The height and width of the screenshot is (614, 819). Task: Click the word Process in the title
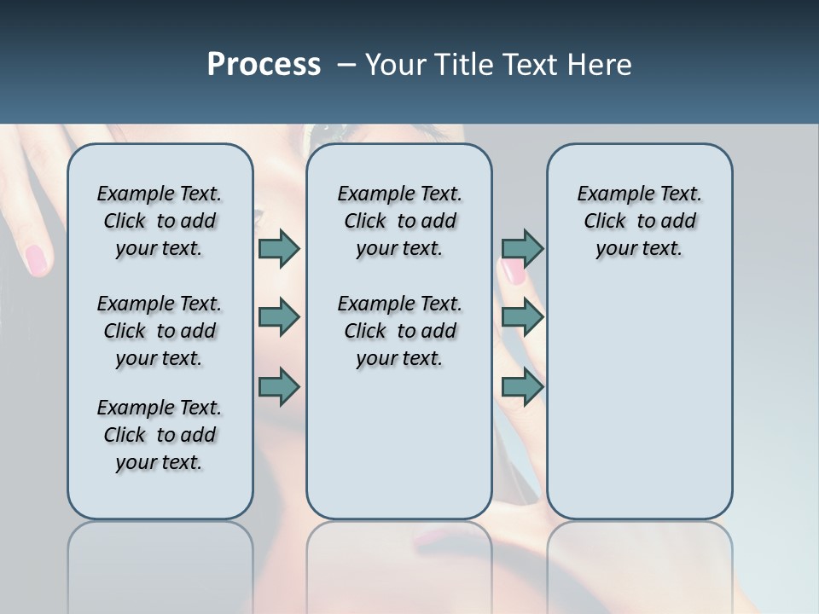click(264, 65)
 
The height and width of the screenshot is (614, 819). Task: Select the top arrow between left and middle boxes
click(279, 248)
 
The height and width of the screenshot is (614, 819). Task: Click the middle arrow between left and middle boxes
click(279, 317)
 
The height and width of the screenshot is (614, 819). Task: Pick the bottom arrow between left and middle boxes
click(279, 387)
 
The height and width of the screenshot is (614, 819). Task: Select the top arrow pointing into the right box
click(522, 248)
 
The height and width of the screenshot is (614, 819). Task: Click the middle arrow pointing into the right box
click(522, 317)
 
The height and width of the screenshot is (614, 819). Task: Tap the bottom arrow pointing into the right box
click(522, 387)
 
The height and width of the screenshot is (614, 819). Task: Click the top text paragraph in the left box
click(160, 221)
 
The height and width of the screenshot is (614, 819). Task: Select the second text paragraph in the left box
click(160, 331)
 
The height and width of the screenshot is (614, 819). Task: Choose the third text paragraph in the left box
click(160, 435)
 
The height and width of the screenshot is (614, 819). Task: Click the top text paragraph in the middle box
click(399, 221)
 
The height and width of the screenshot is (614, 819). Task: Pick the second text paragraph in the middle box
click(399, 331)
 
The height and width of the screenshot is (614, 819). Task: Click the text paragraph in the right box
click(639, 221)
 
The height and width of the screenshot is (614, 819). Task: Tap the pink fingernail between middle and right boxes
click(513, 272)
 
